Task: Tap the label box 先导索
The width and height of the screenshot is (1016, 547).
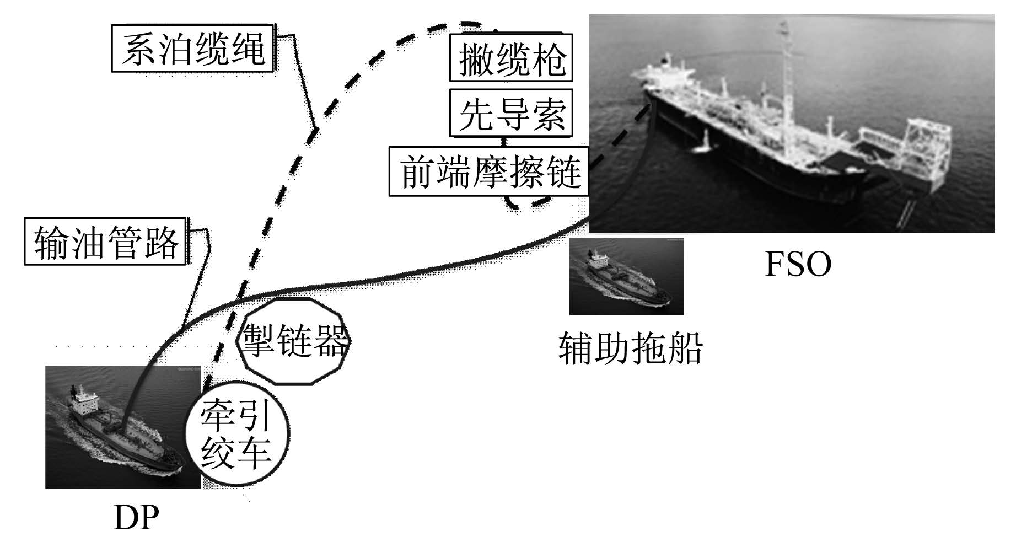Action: coord(512,112)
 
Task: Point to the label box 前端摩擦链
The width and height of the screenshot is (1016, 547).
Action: coord(489,171)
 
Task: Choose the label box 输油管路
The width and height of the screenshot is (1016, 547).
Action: coord(105,241)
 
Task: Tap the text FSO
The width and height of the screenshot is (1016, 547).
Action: coord(798,264)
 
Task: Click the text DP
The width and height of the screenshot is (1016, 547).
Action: coord(136,518)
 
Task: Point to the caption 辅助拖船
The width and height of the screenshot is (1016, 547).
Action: coord(631,347)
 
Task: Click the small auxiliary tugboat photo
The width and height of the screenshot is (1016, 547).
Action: coord(626,276)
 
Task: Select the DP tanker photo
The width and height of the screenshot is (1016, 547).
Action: coord(123,427)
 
